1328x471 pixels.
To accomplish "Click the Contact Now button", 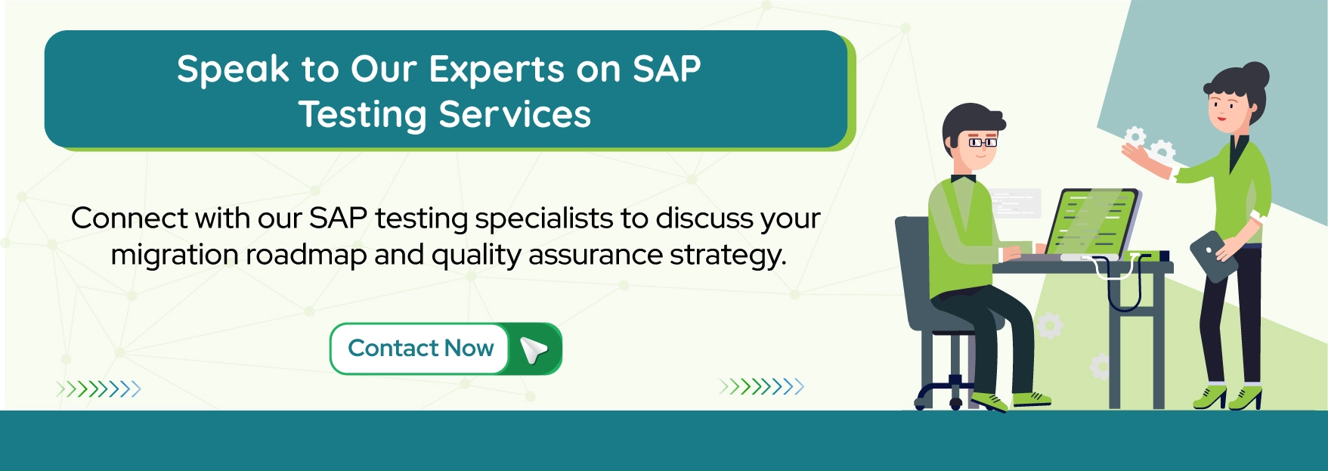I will [x=420, y=349].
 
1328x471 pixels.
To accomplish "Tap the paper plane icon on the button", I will [x=534, y=349].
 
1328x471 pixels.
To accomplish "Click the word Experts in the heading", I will [x=497, y=70].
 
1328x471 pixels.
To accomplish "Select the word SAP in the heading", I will [x=666, y=70].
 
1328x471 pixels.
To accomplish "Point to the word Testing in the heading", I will [x=363, y=115].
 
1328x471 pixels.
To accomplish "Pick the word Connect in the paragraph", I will [x=128, y=218].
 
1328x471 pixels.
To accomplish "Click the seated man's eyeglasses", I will [x=982, y=141].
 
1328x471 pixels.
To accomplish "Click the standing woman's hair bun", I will [x=1255, y=75].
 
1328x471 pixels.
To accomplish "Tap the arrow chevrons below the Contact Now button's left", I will [x=98, y=389].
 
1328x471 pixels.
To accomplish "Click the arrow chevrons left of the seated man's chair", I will [x=762, y=387].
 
